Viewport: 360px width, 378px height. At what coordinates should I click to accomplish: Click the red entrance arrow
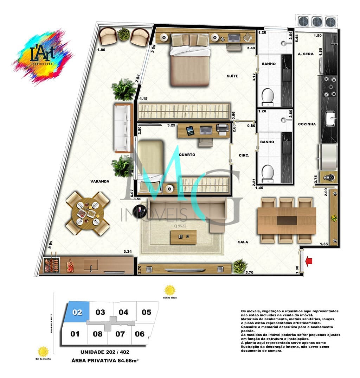click(309, 261)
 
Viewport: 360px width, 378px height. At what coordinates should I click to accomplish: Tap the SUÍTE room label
click(233, 76)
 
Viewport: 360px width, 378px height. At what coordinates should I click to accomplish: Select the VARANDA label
click(100, 181)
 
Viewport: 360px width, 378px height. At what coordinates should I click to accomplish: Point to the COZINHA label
click(307, 124)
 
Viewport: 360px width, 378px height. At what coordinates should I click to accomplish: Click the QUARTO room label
click(187, 155)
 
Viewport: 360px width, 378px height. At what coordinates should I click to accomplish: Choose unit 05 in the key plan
click(146, 312)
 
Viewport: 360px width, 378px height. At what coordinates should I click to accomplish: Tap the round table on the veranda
click(88, 213)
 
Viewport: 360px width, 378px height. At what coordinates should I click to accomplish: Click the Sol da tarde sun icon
click(170, 290)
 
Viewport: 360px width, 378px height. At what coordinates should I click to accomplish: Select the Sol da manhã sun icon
click(43, 352)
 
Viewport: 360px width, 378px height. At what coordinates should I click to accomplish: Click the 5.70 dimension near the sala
click(249, 272)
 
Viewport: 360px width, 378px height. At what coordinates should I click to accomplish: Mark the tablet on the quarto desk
click(190, 131)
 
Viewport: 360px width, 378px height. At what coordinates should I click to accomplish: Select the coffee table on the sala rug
click(183, 237)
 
